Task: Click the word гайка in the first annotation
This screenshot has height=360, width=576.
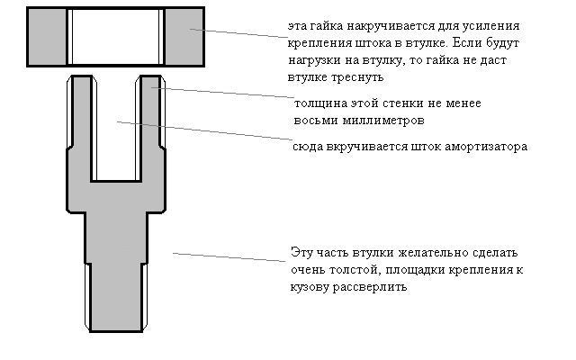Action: click(326, 26)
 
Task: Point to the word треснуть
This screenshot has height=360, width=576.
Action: click(357, 77)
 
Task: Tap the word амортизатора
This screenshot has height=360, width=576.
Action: click(486, 147)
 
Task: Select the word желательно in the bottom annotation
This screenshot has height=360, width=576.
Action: click(434, 253)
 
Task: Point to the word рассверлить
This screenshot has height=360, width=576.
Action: click(370, 286)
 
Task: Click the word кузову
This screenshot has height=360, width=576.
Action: click(310, 287)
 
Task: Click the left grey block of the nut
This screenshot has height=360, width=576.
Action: click(47, 37)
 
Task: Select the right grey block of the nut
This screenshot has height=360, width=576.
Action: click(184, 37)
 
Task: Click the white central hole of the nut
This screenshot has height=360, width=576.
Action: click(116, 37)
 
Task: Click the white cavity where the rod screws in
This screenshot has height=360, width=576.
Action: click(116, 129)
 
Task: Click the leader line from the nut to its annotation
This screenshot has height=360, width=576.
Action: click(238, 33)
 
